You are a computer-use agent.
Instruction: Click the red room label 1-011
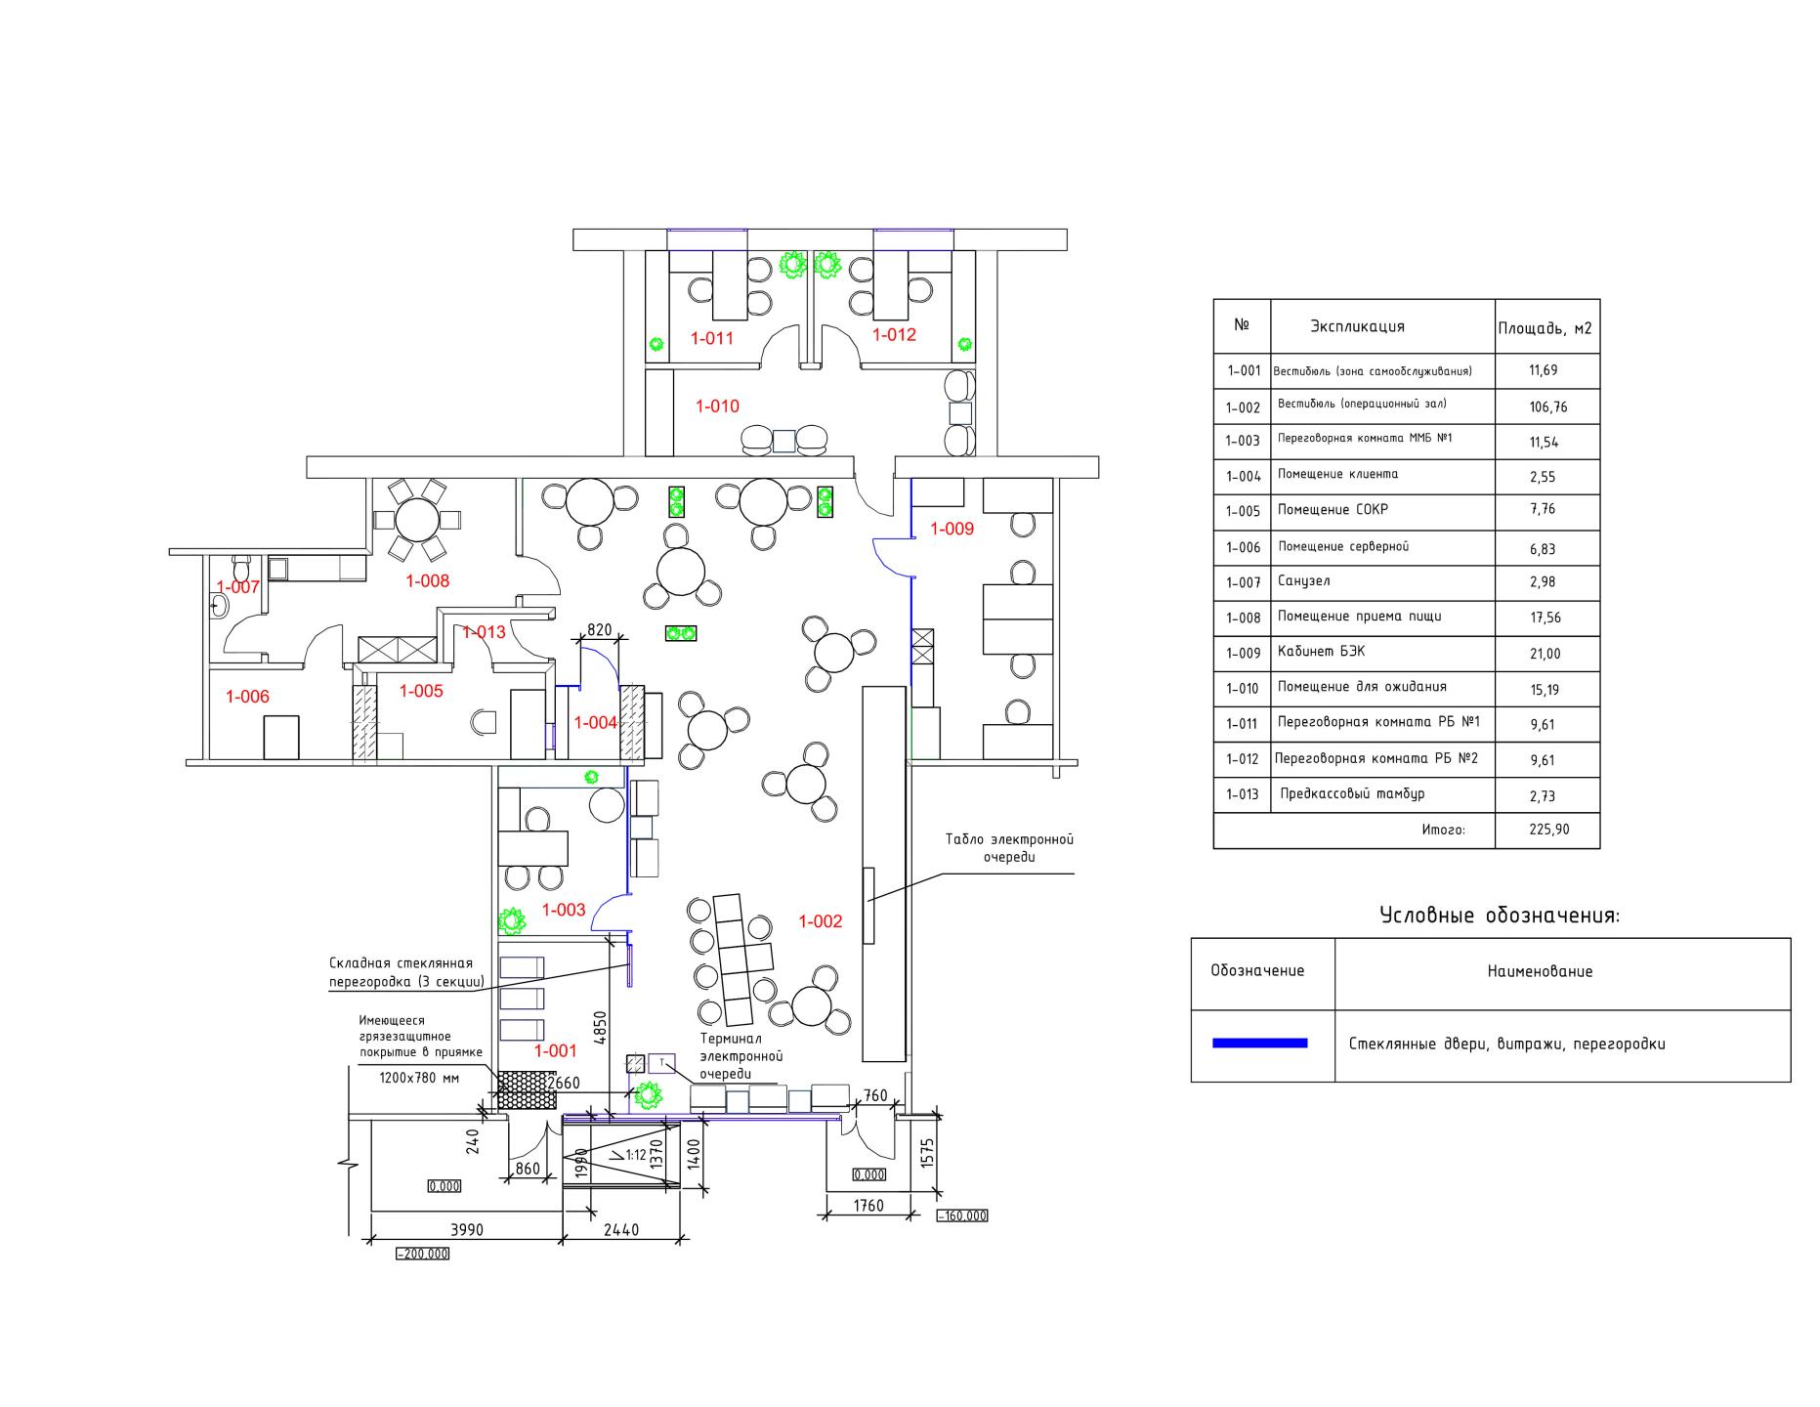coord(711,339)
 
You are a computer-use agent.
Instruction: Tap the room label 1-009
coord(952,529)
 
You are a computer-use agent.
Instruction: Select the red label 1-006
coord(247,697)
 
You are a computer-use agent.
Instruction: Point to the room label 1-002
coord(820,921)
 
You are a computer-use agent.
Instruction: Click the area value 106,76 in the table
coord(1547,407)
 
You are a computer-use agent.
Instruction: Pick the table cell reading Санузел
coord(1303,581)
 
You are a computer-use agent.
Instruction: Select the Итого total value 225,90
coord(1547,831)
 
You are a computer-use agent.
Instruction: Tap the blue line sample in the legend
coord(1259,1044)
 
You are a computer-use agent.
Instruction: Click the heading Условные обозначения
coord(1500,917)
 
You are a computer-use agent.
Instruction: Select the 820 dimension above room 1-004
coord(599,630)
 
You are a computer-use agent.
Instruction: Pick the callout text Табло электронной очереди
coord(1009,848)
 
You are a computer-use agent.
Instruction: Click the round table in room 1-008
coord(417,519)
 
